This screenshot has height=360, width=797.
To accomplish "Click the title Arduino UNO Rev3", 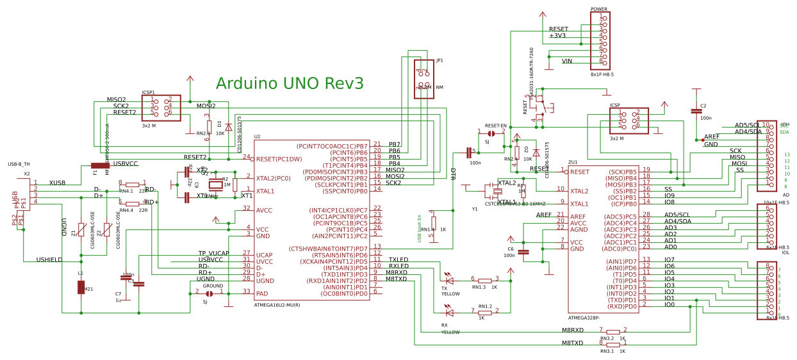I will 290,83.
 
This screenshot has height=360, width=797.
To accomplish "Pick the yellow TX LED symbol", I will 449,280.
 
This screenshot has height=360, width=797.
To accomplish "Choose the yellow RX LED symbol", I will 449,313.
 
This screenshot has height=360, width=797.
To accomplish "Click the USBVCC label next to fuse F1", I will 126,164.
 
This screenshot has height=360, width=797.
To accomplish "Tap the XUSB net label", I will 57,183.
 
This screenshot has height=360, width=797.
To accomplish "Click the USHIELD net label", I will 49,260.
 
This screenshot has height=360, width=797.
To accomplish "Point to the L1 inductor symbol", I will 81,287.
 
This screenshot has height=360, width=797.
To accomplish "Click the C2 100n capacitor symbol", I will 696,111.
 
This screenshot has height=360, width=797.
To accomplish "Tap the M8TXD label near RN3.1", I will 573,343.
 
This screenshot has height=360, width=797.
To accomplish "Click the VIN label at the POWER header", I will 567,61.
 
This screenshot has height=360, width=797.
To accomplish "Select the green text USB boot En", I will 420,228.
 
